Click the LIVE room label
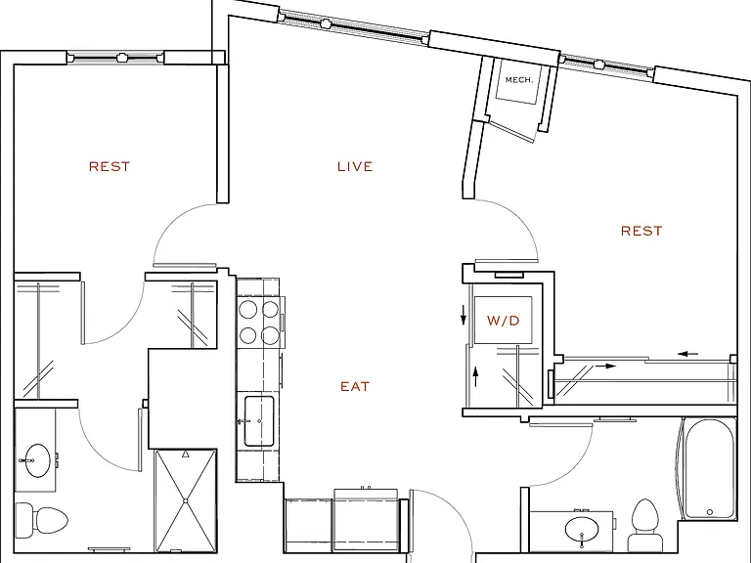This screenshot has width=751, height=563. click(x=355, y=166)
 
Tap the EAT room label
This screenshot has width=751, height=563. click(x=355, y=386)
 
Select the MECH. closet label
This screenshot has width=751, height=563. click(x=518, y=80)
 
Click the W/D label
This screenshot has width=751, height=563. click(x=503, y=321)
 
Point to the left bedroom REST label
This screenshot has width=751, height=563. click(x=110, y=166)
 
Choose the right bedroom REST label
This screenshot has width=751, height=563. click(x=641, y=231)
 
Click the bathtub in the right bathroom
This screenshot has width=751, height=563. click(x=709, y=469)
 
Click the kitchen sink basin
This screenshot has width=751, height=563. click(x=259, y=421)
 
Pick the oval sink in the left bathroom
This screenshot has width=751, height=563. click(x=37, y=460)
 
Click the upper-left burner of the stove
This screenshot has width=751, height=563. click(x=248, y=309)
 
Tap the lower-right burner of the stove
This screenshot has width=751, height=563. click(x=270, y=335)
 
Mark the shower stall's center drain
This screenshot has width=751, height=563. click(x=186, y=500)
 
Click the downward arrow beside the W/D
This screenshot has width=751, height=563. click(x=464, y=316)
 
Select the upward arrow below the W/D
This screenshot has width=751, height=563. click(x=475, y=375)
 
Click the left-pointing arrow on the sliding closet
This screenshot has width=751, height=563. click(x=688, y=354)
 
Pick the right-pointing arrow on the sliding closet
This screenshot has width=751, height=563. click(x=605, y=367)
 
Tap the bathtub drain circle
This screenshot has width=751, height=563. click(x=710, y=512)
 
